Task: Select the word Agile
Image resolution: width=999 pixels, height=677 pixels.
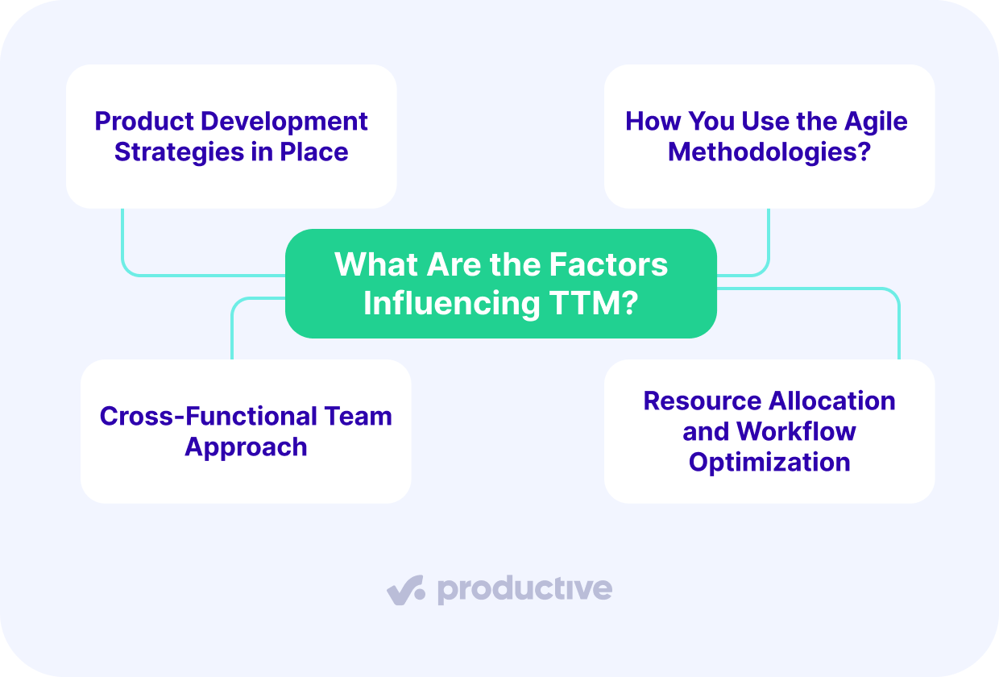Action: tap(876, 122)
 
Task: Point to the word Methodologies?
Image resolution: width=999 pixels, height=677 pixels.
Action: tap(769, 152)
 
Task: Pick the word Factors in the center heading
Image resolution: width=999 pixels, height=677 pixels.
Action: tap(608, 264)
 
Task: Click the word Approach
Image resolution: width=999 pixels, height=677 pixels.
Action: tap(246, 447)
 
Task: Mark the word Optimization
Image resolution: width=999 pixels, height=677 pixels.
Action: tap(769, 463)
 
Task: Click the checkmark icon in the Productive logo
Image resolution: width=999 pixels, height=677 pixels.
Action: tap(406, 590)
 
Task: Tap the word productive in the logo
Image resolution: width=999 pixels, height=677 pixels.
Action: tap(524, 590)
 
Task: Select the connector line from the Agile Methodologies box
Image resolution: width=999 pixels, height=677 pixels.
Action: tap(768, 250)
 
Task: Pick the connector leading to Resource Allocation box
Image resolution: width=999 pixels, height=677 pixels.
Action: tap(897, 322)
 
